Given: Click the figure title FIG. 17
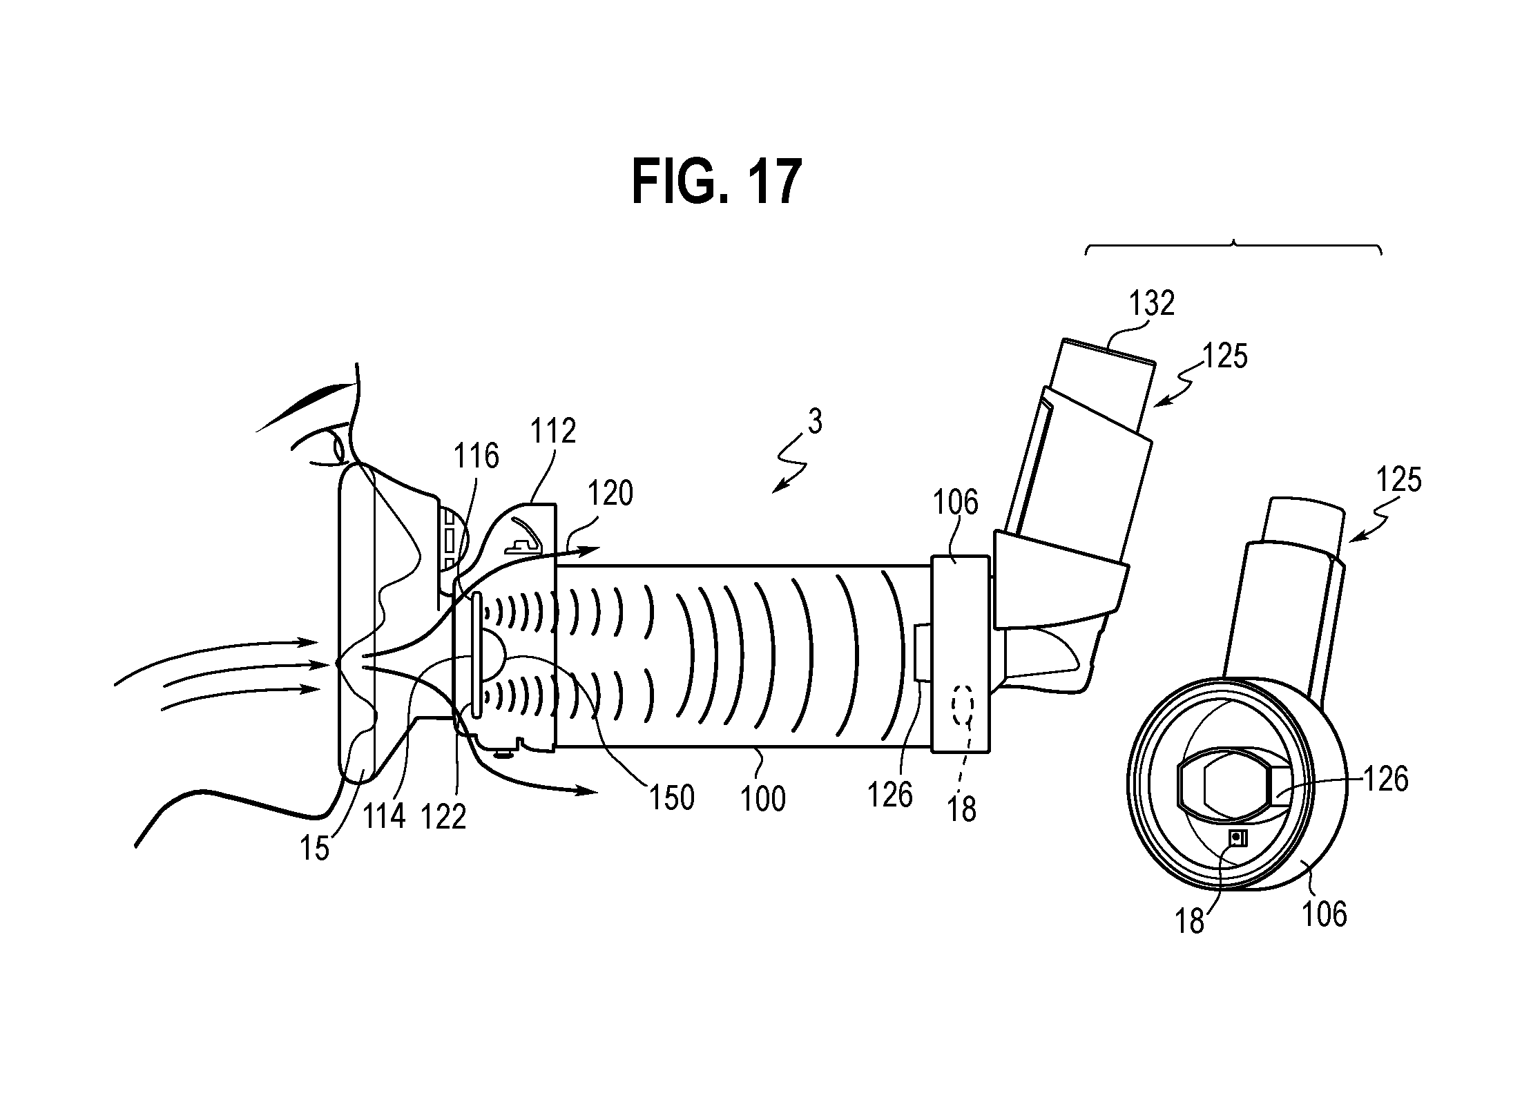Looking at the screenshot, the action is tap(716, 181).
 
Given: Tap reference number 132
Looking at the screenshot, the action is tap(1151, 303).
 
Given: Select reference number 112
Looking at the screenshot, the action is tap(553, 431).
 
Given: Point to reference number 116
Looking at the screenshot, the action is tap(476, 456).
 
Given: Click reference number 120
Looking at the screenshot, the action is tap(610, 494).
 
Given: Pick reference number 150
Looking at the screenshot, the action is tap(671, 798).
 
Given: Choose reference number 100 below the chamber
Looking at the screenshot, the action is tap(762, 800).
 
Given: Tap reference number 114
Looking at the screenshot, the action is tap(384, 817).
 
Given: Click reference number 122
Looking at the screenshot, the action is tap(443, 818).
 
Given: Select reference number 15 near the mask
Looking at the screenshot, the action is tap(314, 849).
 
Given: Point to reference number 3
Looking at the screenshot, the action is tap(816, 423).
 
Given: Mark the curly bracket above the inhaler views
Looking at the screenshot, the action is tap(1233, 247).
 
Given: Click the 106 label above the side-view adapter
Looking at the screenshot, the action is tap(955, 503).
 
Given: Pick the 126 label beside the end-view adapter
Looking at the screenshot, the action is tap(1385, 780).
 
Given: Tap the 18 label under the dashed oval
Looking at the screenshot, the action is tap(962, 810).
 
